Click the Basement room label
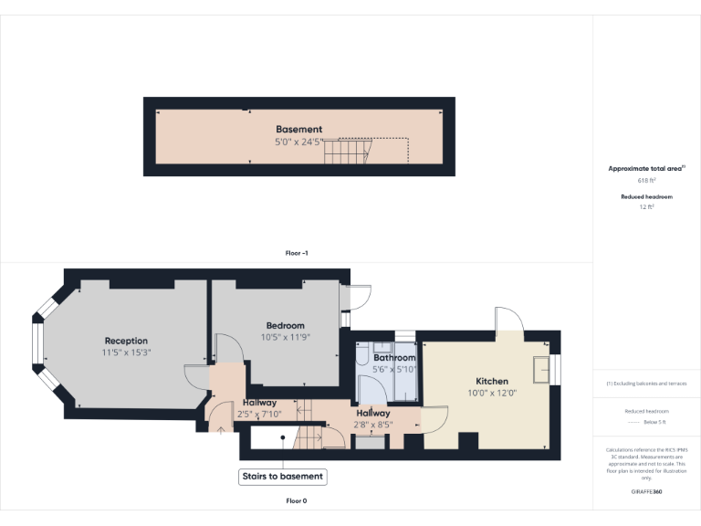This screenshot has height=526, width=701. point(298,130)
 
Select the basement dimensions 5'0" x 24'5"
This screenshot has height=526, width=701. point(298,142)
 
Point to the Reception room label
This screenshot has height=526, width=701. point(126,341)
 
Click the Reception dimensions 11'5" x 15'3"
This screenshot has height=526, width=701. point(126,353)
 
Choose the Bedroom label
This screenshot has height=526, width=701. point(285,325)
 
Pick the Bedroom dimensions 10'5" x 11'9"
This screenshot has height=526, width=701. point(285,337)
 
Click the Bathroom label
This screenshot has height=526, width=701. point(394,358)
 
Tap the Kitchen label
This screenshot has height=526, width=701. point(492,381)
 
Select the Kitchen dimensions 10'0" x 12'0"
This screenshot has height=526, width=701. point(492,394)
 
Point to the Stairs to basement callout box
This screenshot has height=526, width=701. point(282,477)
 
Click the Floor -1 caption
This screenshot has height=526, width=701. point(297,253)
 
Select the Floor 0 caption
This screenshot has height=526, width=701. point(297,501)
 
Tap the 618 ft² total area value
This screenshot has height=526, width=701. point(646,181)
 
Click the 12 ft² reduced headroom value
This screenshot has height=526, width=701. point(646,207)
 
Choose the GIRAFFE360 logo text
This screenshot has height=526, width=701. point(646,492)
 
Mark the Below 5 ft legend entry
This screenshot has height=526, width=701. point(654,423)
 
